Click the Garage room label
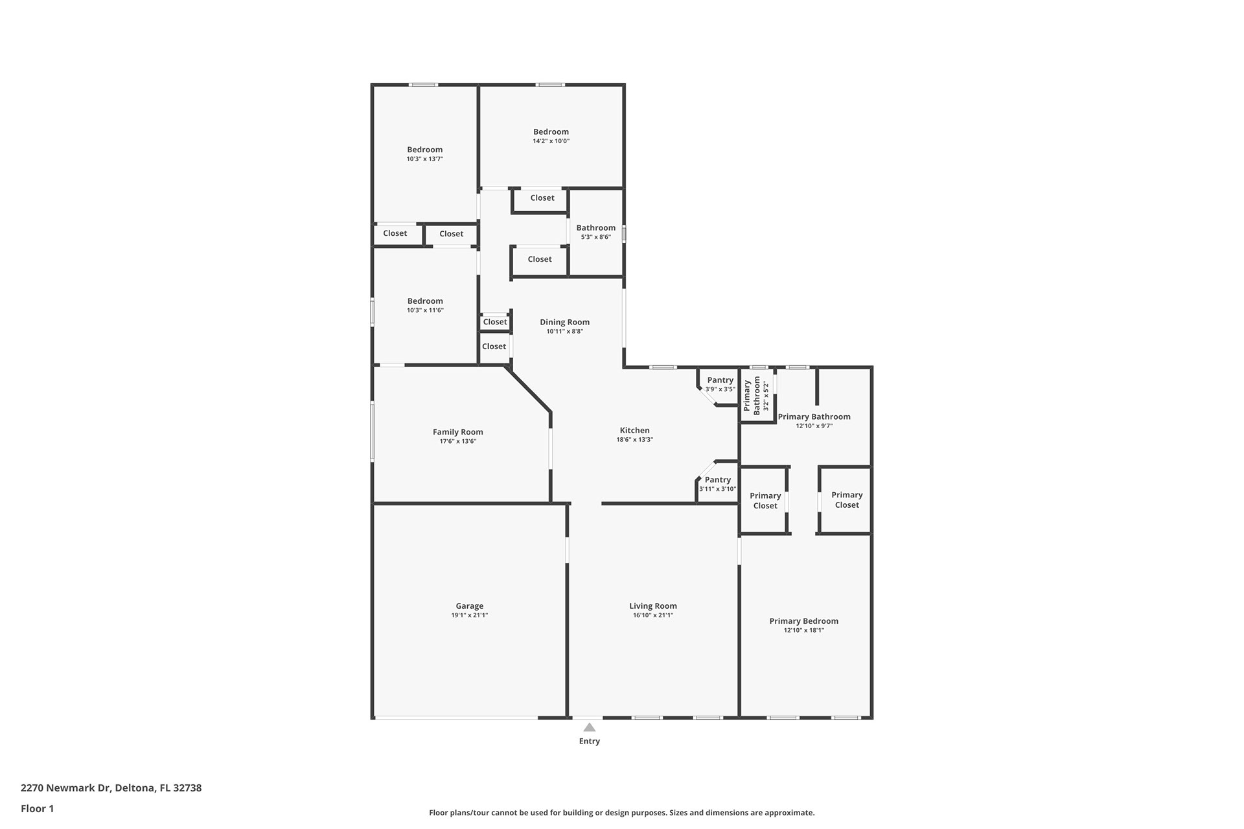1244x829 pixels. click(x=470, y=606)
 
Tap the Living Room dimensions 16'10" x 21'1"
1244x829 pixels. click(x=653, y=615)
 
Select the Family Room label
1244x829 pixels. click(x=458, y=432)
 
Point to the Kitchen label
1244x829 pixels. click(x=635, y=430)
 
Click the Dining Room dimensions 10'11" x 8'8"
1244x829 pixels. click(x=565, y=332)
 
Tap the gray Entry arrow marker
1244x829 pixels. click(x=589, y=727)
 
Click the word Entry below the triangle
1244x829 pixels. click(x=590, y=741)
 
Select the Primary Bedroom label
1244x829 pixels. click(x=804, y=621)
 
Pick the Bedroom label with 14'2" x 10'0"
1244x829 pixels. click(x=551, y=131)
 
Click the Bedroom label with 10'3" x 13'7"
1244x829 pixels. click(x=425, y=150)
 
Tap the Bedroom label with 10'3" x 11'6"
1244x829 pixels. click(x=425, y=301)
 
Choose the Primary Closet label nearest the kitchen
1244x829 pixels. click(x=765, y=501)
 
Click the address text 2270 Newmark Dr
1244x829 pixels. click(x=66, y=788)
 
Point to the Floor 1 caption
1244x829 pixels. click(x=37, y=808)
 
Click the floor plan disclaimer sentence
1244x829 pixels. click(x=622, y=813)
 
